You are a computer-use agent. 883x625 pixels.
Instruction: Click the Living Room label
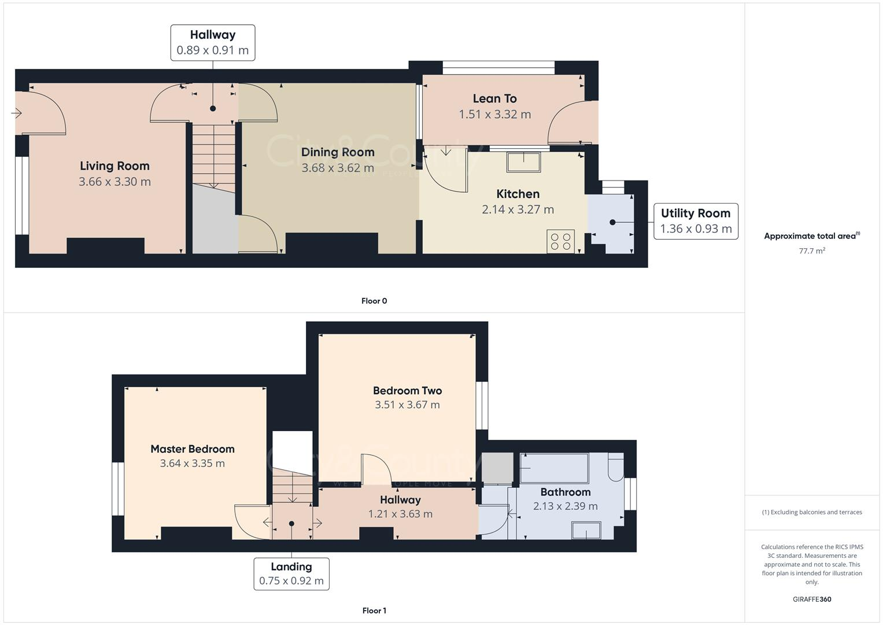click(114, 166)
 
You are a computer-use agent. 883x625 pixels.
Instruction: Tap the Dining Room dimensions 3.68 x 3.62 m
click(338, 168)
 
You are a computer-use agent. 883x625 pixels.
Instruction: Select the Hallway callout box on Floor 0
click(213, 42)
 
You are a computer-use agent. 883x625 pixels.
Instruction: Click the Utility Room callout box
click(696, 221)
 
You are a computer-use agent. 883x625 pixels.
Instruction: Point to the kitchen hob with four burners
click(560, 241)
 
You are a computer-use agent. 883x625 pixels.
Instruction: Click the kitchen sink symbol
click(523, 162)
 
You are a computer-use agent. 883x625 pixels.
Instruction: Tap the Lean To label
click(494, 99)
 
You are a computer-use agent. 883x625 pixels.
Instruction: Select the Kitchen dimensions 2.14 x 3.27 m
click(518, 209)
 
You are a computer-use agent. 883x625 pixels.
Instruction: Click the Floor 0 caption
click(374, 301)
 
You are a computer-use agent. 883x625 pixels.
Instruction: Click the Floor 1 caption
click(374, 611)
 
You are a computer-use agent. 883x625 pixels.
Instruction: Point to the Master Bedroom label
click(193, 449)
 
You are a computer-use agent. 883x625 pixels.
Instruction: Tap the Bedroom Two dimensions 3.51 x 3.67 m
click(407, 405)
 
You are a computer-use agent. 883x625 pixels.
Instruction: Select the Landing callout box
click(291, 573)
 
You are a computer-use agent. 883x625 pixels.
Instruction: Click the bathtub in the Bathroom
click(554, 468)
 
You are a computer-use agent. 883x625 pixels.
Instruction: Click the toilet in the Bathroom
click(616, 466)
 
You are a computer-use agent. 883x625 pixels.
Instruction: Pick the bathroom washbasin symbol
click(586, 530)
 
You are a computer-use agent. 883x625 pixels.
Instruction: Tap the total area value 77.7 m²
click(812, 251)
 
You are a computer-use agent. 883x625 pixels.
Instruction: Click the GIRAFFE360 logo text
click(812, 600)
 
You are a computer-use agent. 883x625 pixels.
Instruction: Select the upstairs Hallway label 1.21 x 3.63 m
click(400, 507)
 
